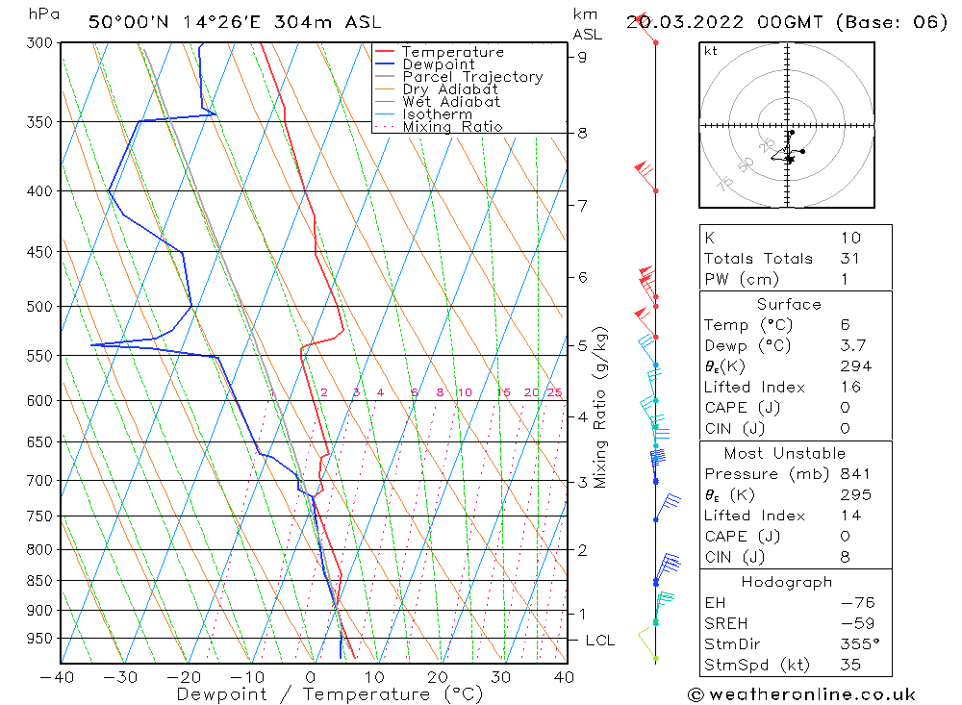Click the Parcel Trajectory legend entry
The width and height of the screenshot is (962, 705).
472,77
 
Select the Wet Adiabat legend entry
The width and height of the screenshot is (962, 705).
451,102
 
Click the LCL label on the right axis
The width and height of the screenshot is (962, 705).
599,641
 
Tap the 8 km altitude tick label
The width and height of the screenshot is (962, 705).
582,133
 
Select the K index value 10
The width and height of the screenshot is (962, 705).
849,238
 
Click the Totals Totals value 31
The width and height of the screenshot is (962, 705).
848,258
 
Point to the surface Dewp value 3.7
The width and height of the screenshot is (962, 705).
852,345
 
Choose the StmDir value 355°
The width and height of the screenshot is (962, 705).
858,643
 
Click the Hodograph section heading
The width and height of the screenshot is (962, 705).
788,582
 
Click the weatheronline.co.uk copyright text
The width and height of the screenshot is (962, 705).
801,694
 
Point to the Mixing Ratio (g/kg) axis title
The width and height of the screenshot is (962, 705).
601,407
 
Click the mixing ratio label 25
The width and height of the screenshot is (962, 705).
554,392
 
